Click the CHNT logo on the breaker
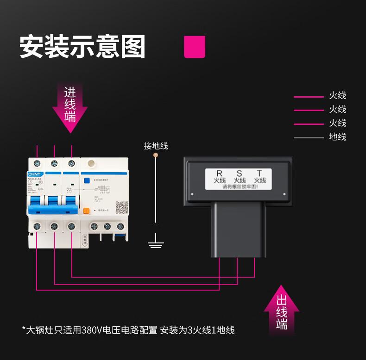34,174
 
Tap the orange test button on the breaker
86,210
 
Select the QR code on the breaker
121,207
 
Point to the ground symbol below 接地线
156,242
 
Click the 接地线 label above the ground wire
156,146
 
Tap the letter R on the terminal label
220,173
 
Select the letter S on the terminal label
240,173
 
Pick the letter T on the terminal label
259,173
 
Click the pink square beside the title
195,47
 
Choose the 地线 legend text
337,137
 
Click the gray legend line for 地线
309,137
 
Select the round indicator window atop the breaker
91,163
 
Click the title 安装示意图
82,47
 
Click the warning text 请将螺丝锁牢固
240,187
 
